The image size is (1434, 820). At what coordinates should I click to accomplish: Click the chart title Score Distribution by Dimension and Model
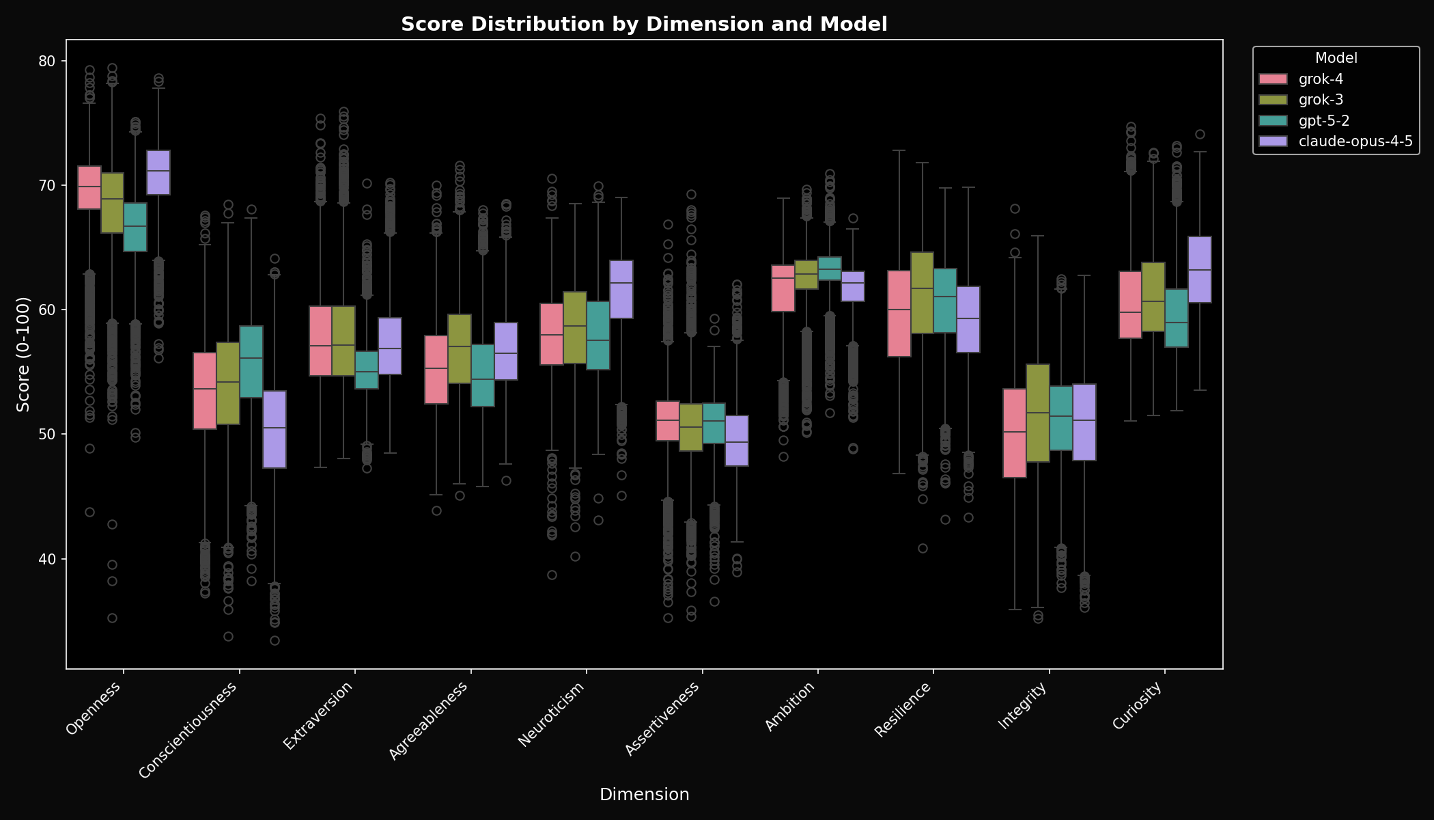pyautogui.click(x=644, y=25)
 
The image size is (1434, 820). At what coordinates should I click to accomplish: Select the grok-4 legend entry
pyautogui.click(x=1321, y=79)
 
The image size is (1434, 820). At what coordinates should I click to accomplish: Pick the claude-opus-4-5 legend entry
pyautogui.click(x=1355, y=141)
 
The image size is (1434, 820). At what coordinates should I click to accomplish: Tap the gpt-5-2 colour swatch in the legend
pyautogui.click(x=1273, y=121)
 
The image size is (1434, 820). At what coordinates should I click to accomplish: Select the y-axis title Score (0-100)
pyautogui.click(x=23, y=354)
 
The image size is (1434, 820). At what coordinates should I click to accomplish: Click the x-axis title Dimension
pyautogui.click(x=644, y=795)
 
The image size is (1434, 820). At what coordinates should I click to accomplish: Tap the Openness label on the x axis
pyautogui.click(x=94, y=709)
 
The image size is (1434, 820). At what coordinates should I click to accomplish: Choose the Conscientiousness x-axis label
pyautogui.click(x=188, y=730)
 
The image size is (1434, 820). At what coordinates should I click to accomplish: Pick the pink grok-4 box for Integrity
pyautogui.click(x=1015, y=433)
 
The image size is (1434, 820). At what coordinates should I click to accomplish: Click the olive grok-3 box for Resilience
pyautogui.click(x=922, y=292)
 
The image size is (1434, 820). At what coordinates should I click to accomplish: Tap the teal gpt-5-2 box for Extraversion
pyautogui.click(x=367, y=370)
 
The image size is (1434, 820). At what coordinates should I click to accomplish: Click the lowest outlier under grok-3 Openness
pyautogui.click(x=112, y=618)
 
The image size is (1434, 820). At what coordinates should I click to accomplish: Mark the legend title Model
pyautogui.click(x=1336, y=58)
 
